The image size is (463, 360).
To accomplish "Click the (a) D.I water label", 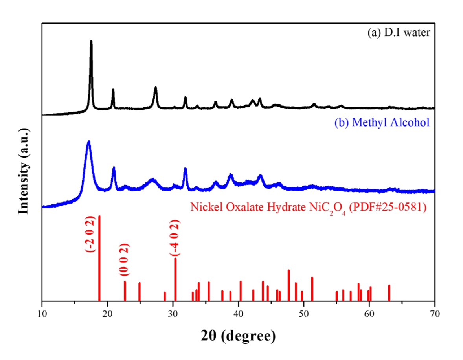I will point(399,32).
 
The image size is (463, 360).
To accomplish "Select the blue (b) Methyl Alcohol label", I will point(381,123).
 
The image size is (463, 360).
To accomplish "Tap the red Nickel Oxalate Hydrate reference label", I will point(309,207).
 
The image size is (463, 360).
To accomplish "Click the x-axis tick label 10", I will point(42,314).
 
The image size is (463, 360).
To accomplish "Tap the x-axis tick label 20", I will point(107,314).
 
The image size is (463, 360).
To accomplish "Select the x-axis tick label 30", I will point(173,314).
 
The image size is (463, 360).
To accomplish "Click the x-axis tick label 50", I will point(303,314).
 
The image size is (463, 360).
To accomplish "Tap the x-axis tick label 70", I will point(434,314).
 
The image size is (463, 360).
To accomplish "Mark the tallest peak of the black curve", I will point(91,41).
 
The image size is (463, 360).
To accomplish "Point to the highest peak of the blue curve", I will point(89,141).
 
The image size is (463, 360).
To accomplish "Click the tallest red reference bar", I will point(99,258).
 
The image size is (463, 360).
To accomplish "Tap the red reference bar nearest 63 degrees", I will point(389,293).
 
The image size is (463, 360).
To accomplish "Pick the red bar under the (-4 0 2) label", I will point(175,279).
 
